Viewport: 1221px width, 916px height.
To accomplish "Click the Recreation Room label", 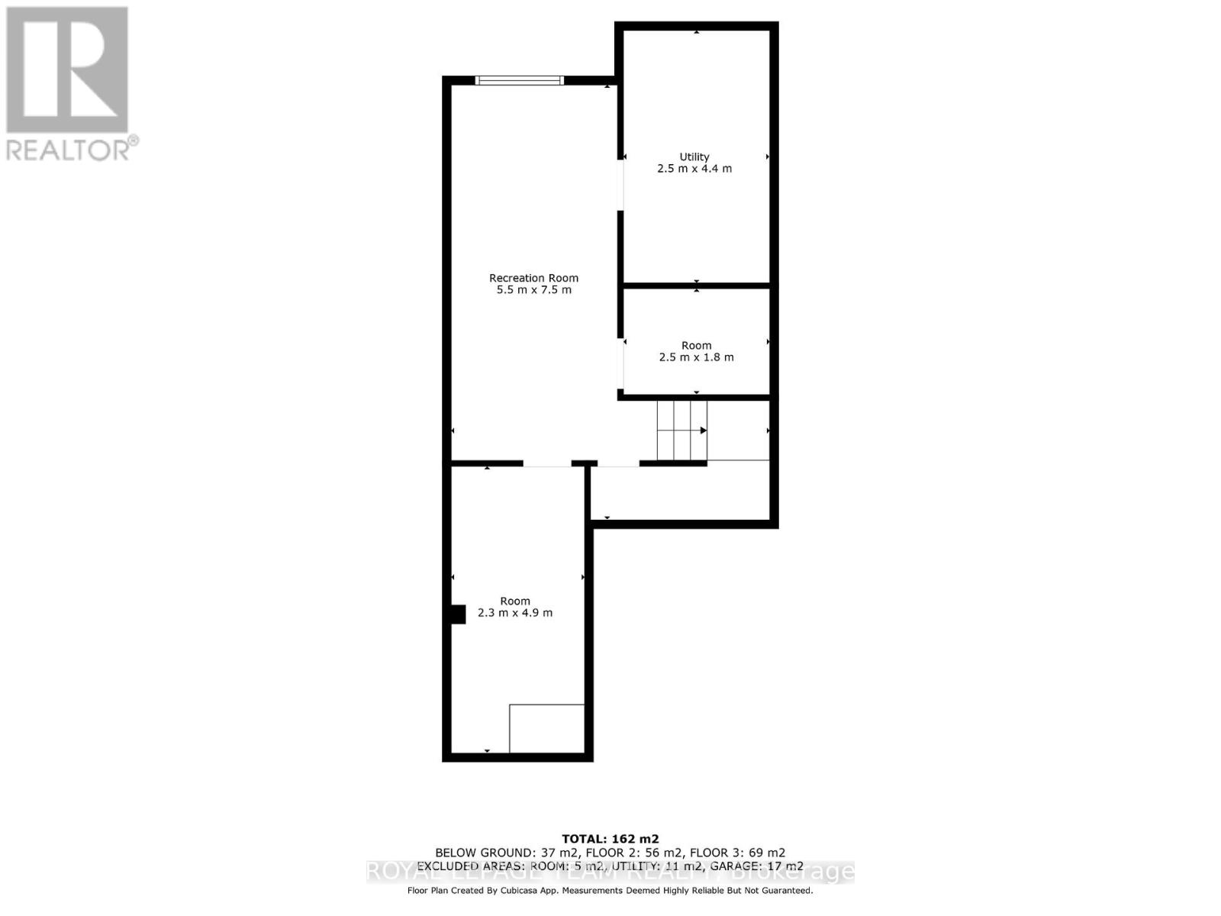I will [533, 278].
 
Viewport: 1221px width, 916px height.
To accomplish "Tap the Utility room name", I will [694, 156].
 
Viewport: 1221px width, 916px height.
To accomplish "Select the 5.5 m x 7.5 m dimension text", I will [533, 290].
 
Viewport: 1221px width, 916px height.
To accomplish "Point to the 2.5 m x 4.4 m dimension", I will [694, 169].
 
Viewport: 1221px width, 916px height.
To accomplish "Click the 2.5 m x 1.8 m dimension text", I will [696, 357].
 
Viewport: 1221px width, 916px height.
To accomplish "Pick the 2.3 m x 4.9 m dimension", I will [515, 613].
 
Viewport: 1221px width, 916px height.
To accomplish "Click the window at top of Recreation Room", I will [520, 80].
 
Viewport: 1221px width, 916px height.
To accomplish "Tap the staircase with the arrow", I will [681, 431].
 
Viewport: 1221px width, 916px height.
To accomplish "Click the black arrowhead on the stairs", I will [704, 431].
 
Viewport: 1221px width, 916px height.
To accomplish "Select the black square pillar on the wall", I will [458, 614].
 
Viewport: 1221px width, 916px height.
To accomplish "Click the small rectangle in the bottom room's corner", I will [546, 728].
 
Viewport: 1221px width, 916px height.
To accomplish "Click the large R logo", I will [67, 70].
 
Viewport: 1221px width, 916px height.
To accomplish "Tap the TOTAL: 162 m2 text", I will [610, 839].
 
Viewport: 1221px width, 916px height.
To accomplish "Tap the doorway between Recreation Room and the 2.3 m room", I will [546, 463].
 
